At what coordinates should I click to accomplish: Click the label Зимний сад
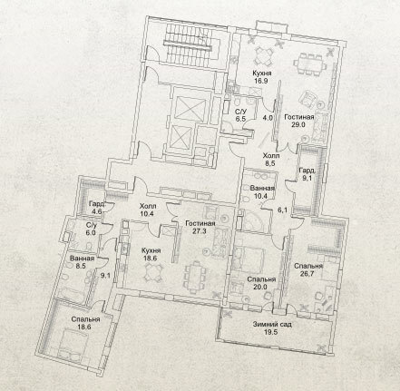[272, 324]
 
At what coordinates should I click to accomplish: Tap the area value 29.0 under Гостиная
[298, 124]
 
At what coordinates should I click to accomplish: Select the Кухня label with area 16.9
[262, 73]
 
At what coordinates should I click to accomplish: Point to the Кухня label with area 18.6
[151, 250]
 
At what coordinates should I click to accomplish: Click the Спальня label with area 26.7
[308, 266]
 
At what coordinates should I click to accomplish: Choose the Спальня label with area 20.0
[261, 279]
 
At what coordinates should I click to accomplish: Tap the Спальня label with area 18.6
[85, 319]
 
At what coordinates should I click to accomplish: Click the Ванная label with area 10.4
[262, 188]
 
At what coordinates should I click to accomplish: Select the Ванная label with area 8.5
[82, 259]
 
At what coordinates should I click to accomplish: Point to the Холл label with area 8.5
[271, 156]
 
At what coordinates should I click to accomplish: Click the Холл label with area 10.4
[148, 206]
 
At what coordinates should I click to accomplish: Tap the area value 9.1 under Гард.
[307, 179]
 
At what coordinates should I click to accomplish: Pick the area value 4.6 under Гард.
[96, 211]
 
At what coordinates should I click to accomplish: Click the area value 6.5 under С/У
[240, 119]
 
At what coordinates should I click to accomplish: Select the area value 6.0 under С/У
[91, 233]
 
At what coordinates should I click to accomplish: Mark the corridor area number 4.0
[268, 117]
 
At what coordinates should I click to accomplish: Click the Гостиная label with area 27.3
[200, 224]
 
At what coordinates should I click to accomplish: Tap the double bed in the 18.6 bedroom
[73, 346]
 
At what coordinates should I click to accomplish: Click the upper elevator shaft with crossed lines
[191, 108]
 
